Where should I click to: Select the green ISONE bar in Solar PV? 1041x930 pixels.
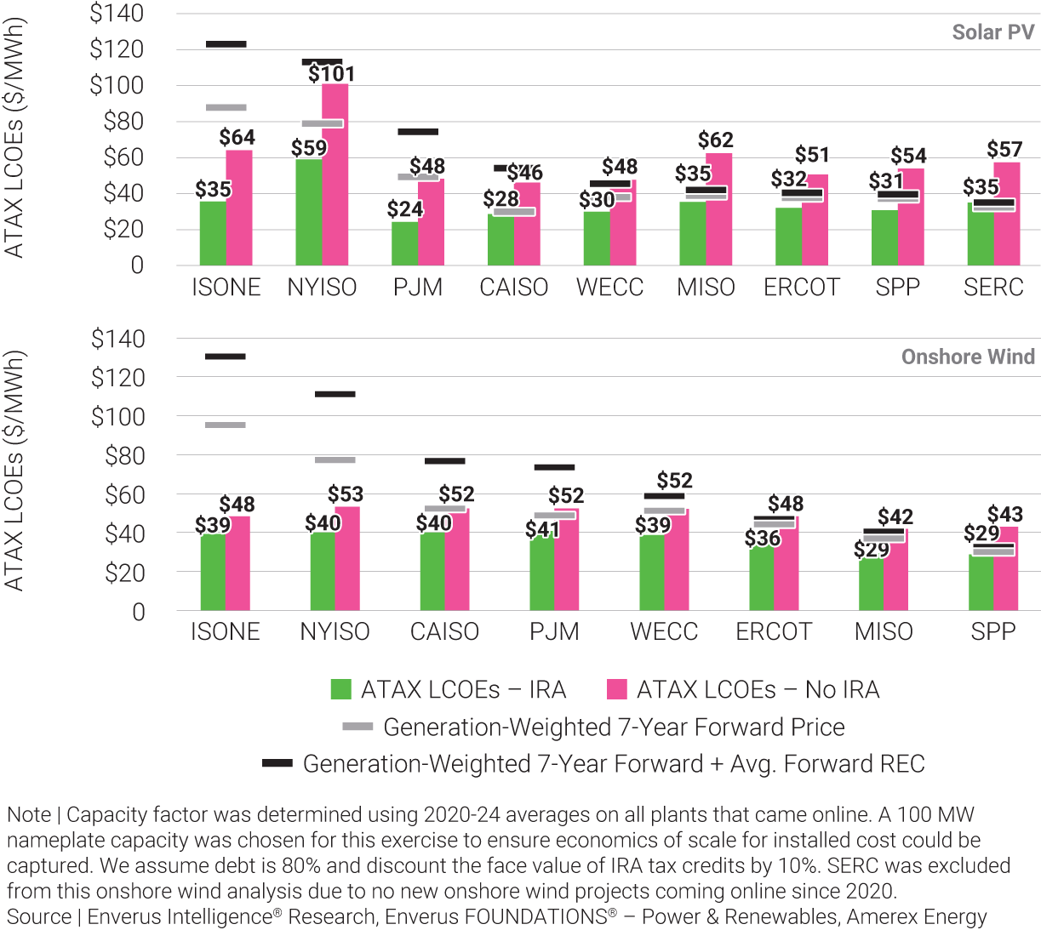point(213,234)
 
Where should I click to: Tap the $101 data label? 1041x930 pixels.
point(331,75)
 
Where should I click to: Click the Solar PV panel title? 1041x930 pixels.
point(992,32)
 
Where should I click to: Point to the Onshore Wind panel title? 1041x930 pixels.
point(968,357)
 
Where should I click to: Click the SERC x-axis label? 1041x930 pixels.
point(993,288)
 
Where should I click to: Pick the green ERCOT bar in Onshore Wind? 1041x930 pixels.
point(762,579)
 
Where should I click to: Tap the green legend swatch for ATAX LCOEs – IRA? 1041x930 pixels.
point(340,688)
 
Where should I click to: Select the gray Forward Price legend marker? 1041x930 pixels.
point(357,727)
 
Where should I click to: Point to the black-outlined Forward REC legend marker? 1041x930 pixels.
point(277,763)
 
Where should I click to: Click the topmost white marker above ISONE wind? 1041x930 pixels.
point(226,357)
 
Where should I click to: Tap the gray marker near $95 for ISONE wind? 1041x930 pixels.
point(226,425)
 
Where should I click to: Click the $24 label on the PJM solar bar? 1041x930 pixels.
point(404,208)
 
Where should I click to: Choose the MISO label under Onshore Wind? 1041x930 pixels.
point(884,632)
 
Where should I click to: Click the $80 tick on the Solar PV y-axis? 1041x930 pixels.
point(123,122)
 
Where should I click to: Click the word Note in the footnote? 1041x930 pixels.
point(29,815)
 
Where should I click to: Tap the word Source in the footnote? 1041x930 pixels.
point(38,917)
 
